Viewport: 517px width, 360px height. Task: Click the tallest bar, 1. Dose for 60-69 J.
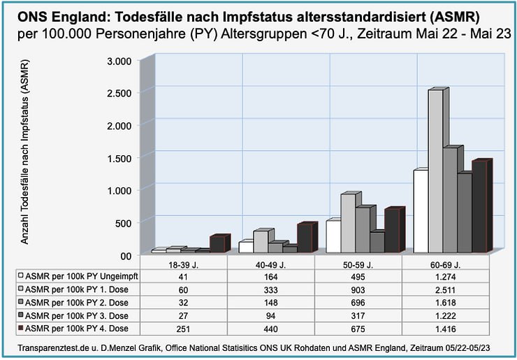tap(435, 171)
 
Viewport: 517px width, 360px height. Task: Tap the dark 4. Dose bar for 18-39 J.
tap(217, 244)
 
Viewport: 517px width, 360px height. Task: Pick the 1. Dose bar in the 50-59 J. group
tap(348, 223)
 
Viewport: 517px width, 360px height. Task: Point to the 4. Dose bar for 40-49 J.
tap(305, 238)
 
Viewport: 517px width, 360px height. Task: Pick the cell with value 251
tap(184, 328)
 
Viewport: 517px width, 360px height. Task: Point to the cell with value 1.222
tap(446, 315)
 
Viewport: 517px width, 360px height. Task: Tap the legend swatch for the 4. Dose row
tap(22, 328)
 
